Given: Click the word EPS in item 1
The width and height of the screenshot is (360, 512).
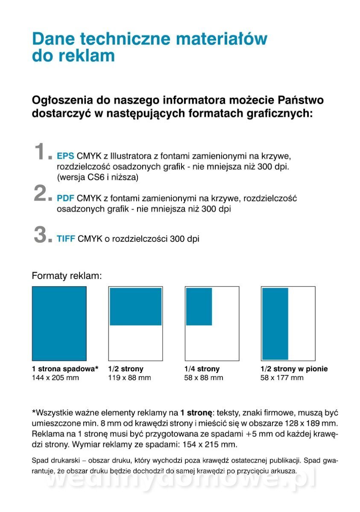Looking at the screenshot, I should pos(65,155).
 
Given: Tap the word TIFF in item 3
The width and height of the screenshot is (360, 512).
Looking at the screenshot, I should pos(66,239).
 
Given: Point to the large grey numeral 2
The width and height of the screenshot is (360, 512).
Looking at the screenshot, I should pos(42,194).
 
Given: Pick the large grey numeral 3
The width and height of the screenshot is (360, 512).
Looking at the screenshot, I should pos(42,235).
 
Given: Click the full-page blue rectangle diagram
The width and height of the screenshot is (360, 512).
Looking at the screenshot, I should pos(59,323).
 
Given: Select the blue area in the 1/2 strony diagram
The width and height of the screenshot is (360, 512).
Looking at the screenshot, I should pos(135,306).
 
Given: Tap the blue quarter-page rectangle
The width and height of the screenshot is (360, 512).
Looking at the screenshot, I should pos(199,306).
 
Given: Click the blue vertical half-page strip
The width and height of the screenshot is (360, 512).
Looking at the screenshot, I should pos(275,323).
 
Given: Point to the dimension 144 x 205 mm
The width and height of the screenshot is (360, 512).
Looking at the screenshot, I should pos(56,378).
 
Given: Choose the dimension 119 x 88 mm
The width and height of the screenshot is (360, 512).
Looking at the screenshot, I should pos(129,378).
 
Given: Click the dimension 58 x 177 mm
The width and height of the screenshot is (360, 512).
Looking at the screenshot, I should pos(282,378).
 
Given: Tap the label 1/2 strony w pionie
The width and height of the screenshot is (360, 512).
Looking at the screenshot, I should pos(294,369).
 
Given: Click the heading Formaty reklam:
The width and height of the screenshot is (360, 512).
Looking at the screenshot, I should pos(67,276).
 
